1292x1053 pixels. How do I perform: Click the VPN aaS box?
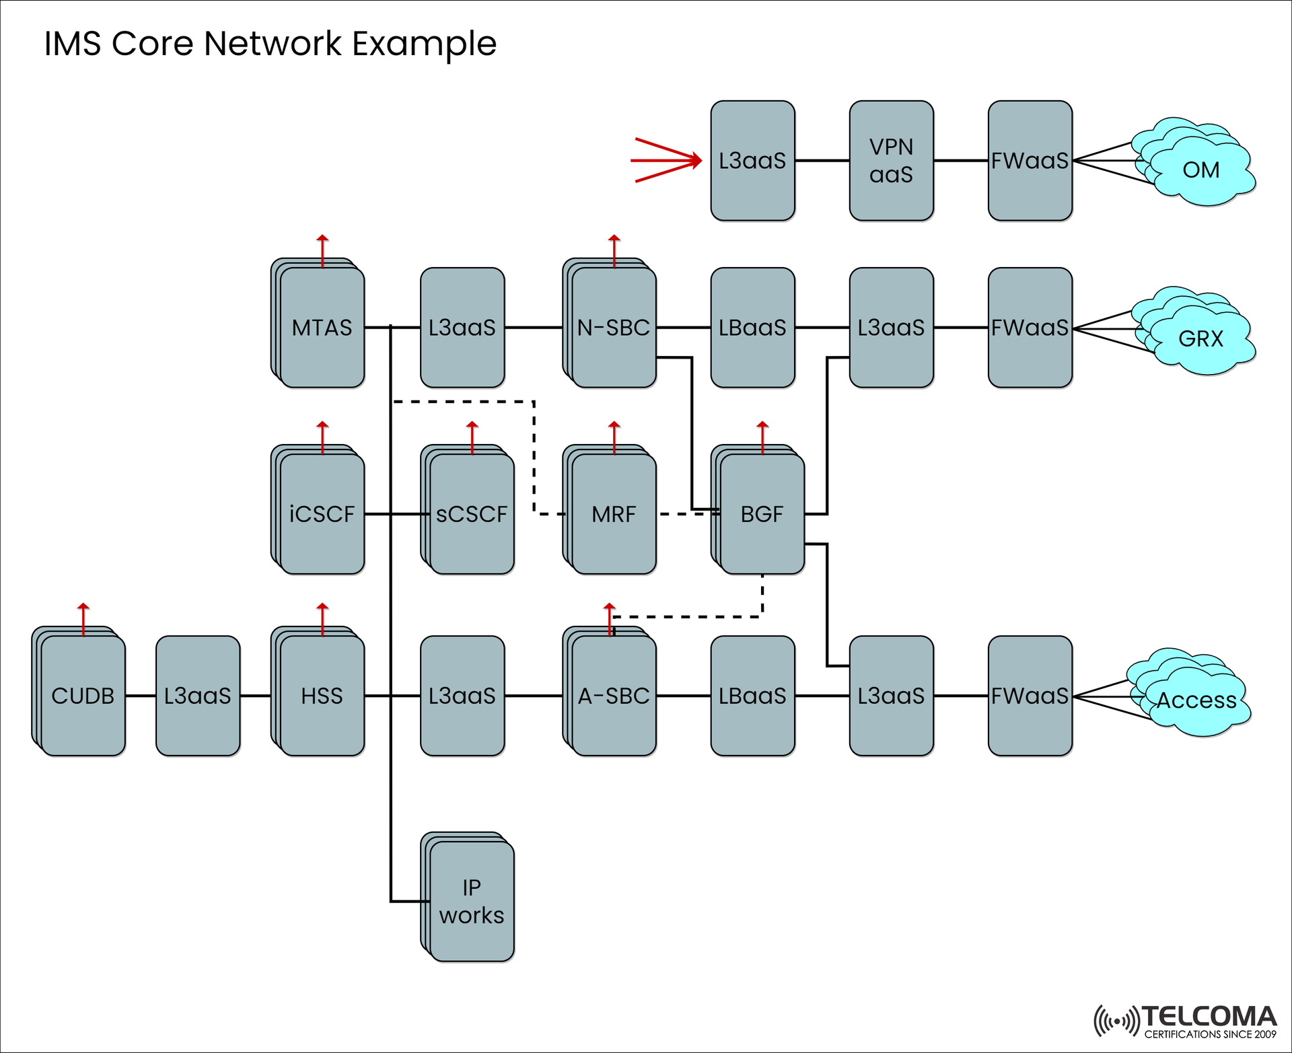point(891,161)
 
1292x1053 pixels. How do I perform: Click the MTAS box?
point(322,328)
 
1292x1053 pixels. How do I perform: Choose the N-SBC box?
point(613,328)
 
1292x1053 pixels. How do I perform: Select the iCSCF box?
point(322,514)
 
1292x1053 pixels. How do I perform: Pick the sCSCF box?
point(471,514)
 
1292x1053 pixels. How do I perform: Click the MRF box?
point(613,514)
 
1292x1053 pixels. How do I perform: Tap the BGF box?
point(762,514)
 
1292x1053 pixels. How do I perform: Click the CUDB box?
point(83,696)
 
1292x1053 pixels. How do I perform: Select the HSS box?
point(322,696)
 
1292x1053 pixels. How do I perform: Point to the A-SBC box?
point(613,696)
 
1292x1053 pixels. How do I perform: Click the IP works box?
point(471,902)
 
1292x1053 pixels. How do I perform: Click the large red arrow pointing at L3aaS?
point(666,160)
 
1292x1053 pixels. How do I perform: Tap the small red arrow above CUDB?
point(83,618)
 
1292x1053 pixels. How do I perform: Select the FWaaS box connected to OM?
point(1030,161)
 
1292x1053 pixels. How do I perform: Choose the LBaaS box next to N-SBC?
point(752,328)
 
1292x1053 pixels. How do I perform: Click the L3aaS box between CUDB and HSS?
point(197,696)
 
